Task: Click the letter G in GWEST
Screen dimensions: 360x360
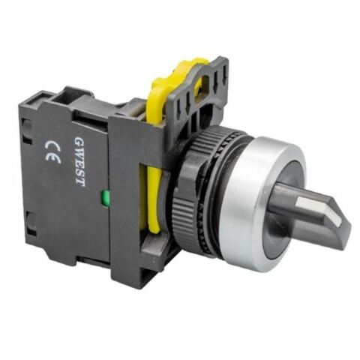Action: tap(80, 142)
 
